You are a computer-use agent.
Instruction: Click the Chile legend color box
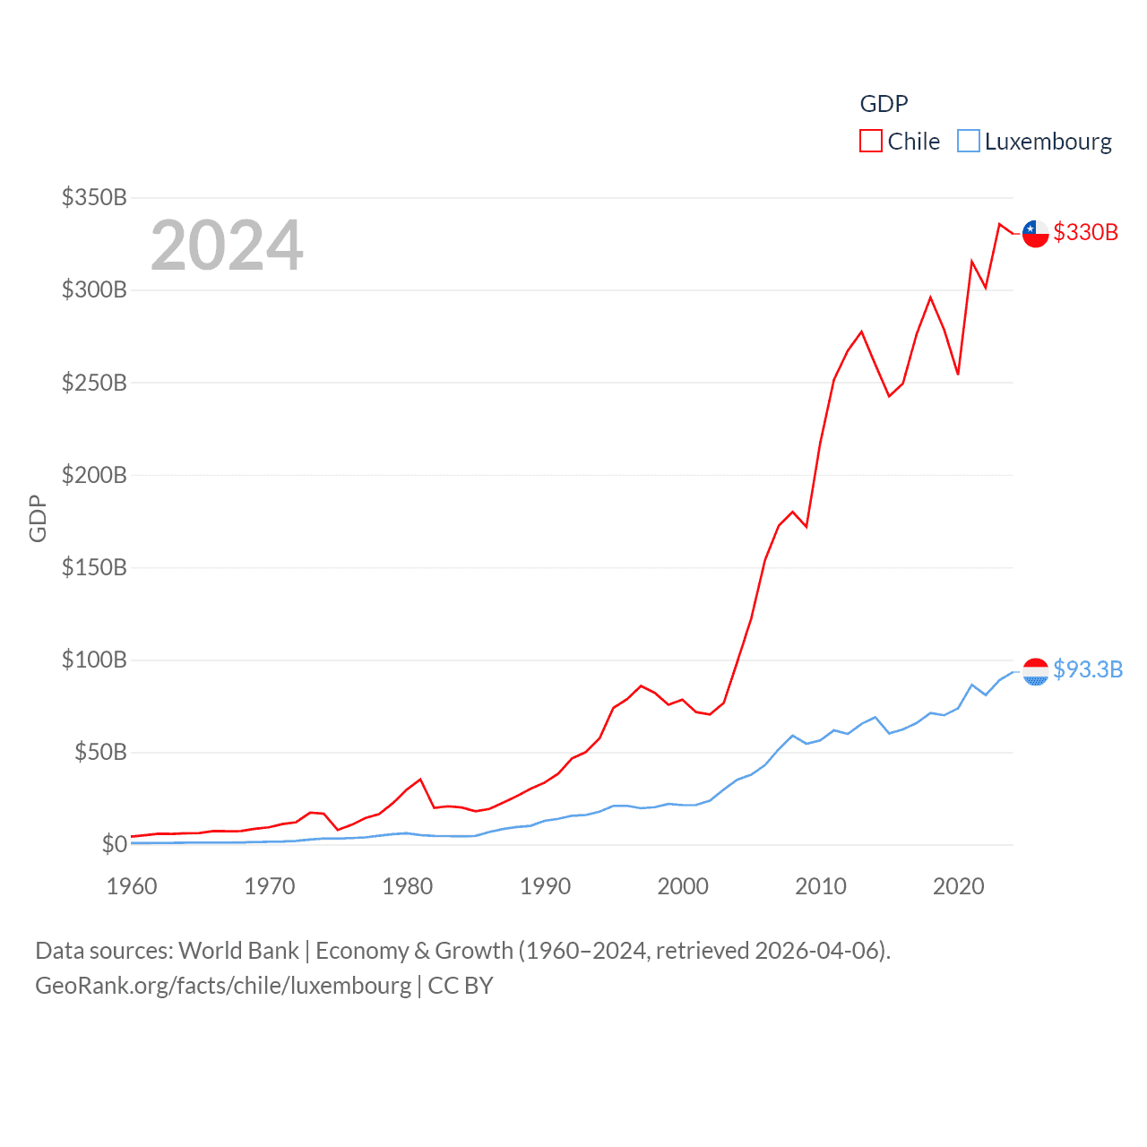click(x=870, y=142)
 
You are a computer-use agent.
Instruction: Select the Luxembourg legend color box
click(x=968, y=142)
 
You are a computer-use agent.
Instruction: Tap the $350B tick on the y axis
click(x=94, y=197)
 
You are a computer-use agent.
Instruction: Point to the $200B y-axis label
click(x=94, y=475)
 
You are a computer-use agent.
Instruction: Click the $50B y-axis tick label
click(x=100, y=752)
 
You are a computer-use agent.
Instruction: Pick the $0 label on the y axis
click(x=114, y=844)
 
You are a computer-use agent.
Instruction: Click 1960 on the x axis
click(x=132, y=886)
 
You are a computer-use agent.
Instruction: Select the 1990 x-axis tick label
click(x=545, y=886)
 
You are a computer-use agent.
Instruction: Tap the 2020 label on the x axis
click(x=958, y=886)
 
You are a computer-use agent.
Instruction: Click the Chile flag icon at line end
click(x=1035, y=233)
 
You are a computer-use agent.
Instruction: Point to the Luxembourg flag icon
click(x=1035, y=671)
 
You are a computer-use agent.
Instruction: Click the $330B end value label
click(x=1085, y=232)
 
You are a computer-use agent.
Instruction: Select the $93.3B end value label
click(x=1088, y=669)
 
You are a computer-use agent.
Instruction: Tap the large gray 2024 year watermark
click(x=227, y=245)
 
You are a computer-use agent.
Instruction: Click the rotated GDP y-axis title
click(x=38, y=518)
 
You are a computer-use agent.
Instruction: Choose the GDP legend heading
click(x=884, y=104)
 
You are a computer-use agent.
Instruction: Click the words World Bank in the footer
click(x=238, y=950)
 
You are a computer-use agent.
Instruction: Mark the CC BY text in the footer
click(x=461, y=986)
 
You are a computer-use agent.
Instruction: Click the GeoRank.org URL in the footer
click(x=223, y=986)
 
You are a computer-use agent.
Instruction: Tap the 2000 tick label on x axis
click(x=683, y=886)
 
